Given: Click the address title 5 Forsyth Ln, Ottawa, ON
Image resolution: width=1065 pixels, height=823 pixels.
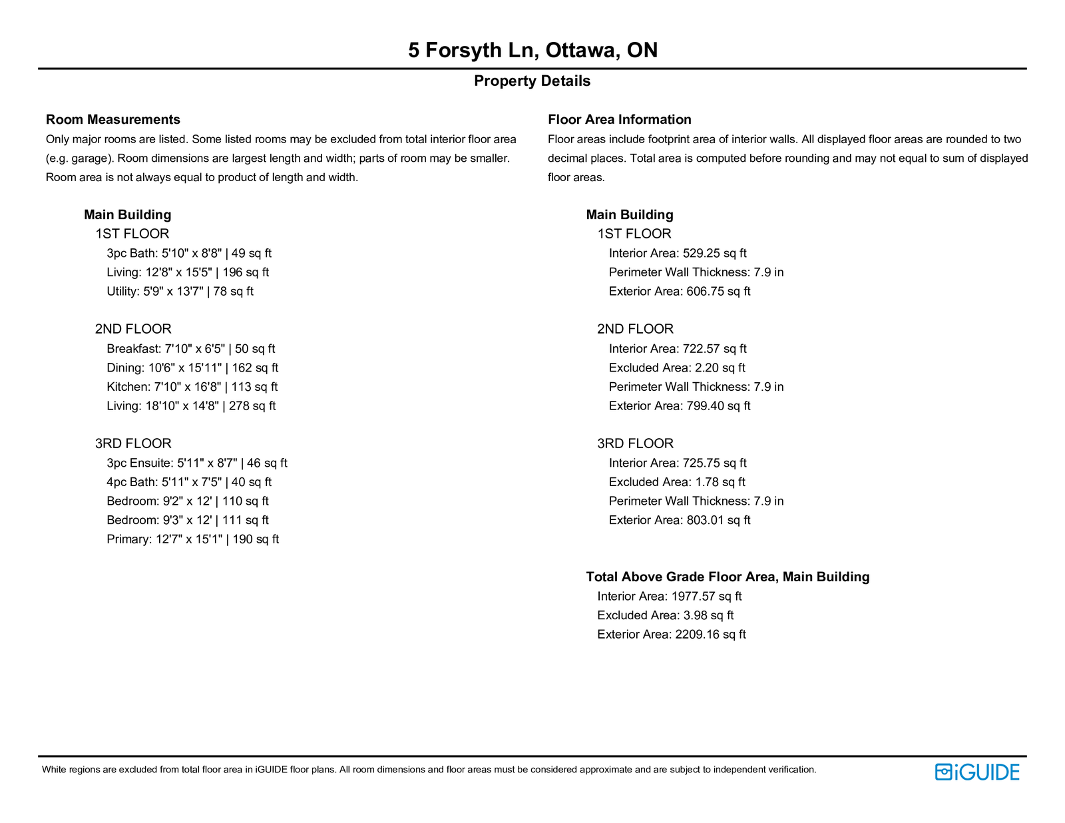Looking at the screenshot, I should pos(532,50).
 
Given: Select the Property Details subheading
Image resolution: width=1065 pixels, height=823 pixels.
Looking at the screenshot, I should pos(532,81).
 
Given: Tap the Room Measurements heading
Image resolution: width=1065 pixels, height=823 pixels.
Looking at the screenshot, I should pos(112,120).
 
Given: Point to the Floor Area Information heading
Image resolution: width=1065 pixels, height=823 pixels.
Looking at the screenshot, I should pos(619,120).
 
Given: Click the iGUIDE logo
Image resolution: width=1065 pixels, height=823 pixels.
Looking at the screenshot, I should pos(976,772).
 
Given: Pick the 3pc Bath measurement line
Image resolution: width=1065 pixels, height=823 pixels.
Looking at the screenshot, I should pos(189,254).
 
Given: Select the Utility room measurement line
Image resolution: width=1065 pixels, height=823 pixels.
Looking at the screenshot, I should pos(180,292).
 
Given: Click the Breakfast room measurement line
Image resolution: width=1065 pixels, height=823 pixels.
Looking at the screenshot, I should pos(190,349).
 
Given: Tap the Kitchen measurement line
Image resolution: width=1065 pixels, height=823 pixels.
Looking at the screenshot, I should pos(192,387).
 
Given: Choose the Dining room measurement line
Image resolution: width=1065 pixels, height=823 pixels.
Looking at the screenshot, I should pos(192,368).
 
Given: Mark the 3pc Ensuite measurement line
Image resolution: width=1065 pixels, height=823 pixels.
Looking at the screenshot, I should pos(196,463).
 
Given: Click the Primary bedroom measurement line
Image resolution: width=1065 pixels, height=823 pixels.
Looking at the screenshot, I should pos(192,539).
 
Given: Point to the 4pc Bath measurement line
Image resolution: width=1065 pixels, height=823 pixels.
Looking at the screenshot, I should pos(189,482).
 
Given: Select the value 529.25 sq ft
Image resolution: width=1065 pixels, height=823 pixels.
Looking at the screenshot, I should pos(714,254).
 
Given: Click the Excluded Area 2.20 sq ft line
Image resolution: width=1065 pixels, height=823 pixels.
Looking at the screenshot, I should pos(677,368).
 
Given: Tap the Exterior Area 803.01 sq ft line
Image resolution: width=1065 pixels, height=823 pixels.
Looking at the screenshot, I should pos(680,521).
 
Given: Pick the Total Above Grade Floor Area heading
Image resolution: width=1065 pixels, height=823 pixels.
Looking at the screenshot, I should pos(728,577).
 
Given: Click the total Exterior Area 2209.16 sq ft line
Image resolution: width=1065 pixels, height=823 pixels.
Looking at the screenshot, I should pos(672,635).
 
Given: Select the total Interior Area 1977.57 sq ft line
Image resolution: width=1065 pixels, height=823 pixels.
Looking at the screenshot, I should pos(669,597).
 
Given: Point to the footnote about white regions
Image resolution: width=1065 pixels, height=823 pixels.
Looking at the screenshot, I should pos(429,770).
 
